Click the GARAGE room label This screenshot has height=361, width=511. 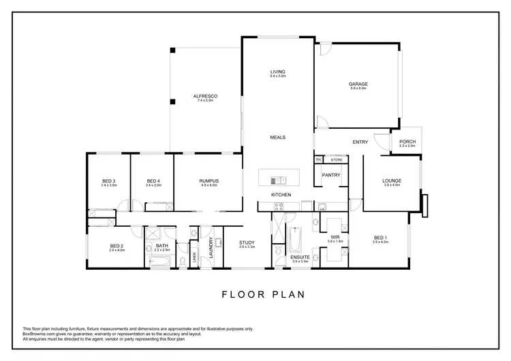pos(358,84)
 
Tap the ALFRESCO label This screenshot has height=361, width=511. pos(205,97)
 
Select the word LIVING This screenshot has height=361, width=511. pos(277,72)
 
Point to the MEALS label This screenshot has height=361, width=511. pos(277,137)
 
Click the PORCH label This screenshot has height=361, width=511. pos(407,142)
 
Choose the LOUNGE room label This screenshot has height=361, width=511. pos(392,180)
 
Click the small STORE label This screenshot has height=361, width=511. pos(335,160)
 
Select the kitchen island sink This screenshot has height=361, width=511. pos(277,180)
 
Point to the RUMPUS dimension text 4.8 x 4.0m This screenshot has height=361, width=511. pos(208,185)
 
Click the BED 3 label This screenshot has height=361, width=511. pos(109,180)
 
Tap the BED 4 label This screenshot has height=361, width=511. pos(153,180)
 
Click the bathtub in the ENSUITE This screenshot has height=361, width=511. pos(295,240)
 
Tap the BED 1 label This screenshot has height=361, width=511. pos(380,237)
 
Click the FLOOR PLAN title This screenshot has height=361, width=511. pos(263,295)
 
